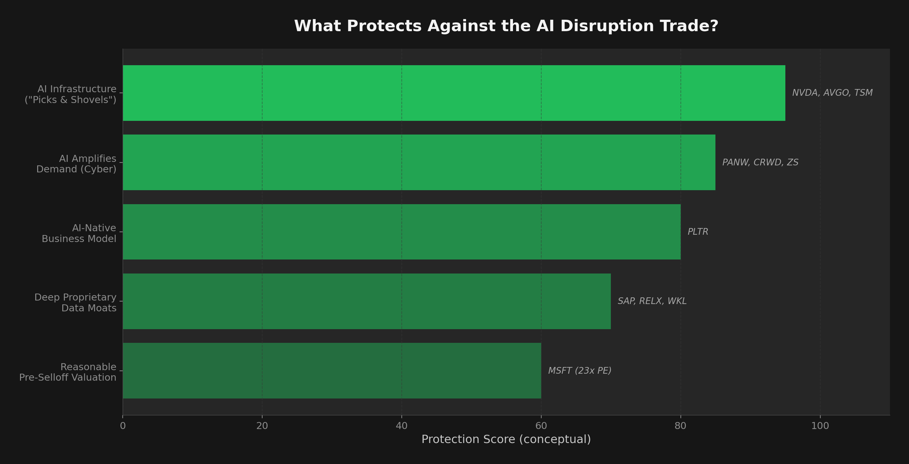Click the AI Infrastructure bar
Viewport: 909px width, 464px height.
click(454, 93)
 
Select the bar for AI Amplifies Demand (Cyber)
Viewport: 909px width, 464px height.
click(419, 163)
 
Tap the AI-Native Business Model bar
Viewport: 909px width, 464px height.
click(401, 232)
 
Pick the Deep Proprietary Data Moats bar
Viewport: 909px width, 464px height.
click(367, 301)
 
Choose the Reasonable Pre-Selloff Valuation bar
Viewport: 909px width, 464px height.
click(332, 371)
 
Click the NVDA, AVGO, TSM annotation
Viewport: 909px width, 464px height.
click(832, 93)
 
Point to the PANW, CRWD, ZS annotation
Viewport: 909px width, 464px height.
click(760, 163)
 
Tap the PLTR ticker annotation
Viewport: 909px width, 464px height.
click(698, 232)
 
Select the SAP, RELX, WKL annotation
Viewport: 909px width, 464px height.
click(652, 301)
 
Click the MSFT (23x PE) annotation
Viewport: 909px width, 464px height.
click(579, 371)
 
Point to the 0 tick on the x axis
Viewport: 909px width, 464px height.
click(123, 426)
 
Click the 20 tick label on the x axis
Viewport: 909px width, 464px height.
click(262, 426)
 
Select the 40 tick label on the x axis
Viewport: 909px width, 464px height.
click(401, 426)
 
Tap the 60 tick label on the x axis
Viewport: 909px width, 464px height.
click(541, 426)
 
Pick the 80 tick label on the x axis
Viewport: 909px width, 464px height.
click(680, 426)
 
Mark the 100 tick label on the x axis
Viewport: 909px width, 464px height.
click(820, 426)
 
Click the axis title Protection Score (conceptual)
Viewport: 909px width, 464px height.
click(506, 439)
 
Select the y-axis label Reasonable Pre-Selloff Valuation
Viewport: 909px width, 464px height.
click(68, 372)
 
